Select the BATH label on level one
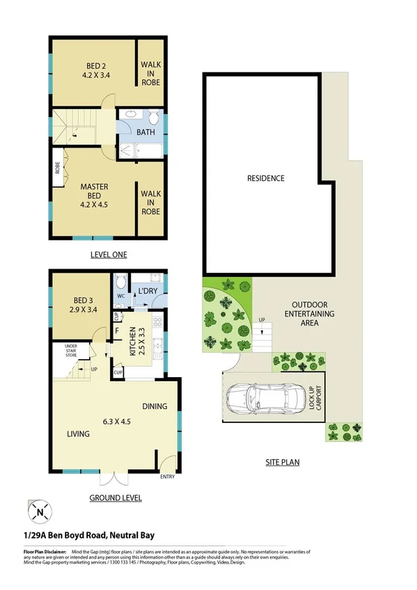[145, 131]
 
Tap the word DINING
[155, 406]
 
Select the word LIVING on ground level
[78, 434]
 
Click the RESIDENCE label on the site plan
[265, 178]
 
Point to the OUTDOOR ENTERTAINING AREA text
[313, 314]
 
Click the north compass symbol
[39, 513]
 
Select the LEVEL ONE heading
[109, 255]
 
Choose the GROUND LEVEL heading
[116, 497]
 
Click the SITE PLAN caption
[282, 461]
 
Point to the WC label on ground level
[120, 296]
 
